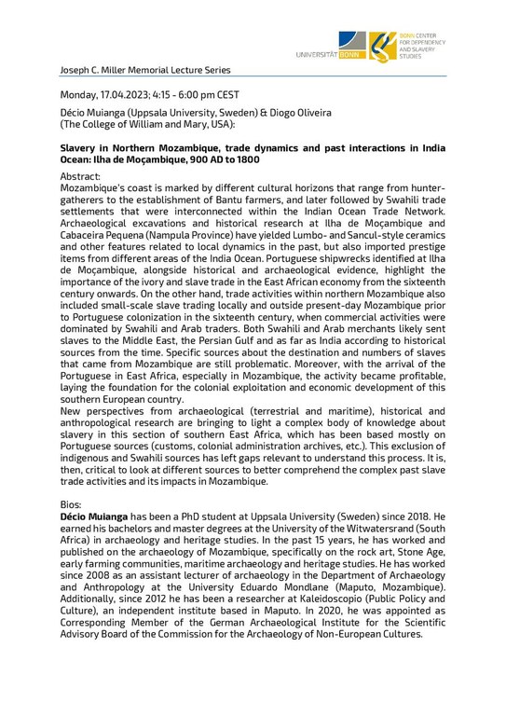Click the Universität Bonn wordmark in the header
pos(328,55)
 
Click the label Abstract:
pos(82,175)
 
